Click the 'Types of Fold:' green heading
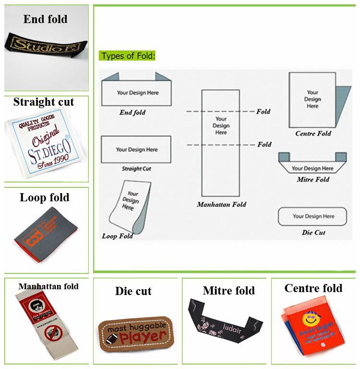coord(128,56)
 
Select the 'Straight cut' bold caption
coord(44,102)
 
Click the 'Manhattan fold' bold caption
coord(48,286)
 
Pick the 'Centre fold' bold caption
coord(313,288)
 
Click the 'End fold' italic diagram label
coord(132,113)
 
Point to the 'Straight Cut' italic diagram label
coord(136,169)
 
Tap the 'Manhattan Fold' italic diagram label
coord(221,205)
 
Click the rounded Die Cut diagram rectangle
coord(312,216)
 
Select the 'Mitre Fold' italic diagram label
coord(313,180)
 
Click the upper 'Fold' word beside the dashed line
coord(264,111)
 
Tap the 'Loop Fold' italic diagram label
coord(118,236)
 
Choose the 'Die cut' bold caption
coord(133,291)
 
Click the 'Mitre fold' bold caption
coord(229,291)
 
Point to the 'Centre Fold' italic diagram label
coord(313,134)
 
